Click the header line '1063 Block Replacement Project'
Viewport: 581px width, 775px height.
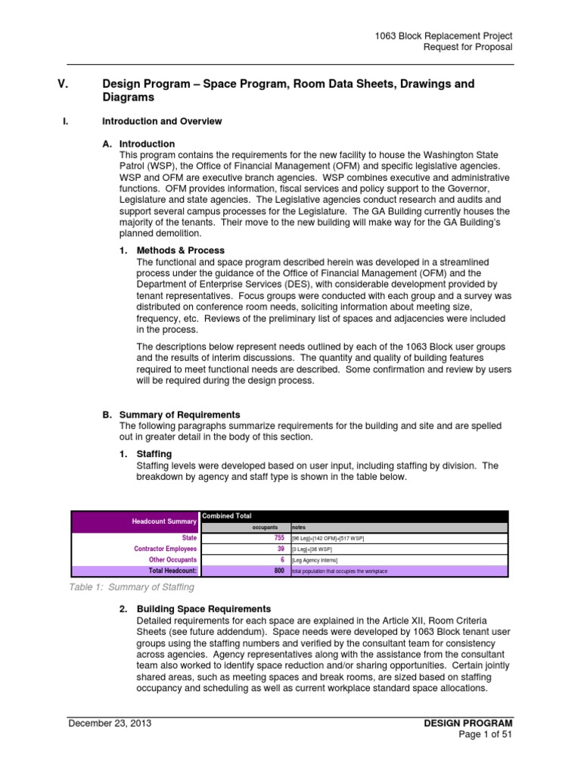(x=443, y=36)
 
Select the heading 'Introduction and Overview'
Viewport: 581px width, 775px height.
(x=162, y=120)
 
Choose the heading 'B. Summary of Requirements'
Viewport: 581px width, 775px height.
(x=171, y=415)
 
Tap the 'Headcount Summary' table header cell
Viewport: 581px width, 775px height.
(x=164, y=521)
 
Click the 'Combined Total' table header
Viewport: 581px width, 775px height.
(x=225, y=515)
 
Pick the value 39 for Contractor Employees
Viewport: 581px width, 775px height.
(x=280, y=549)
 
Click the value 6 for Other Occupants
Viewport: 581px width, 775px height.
(x=282, y=559)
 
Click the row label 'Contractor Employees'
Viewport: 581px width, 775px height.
(x=166, y=549)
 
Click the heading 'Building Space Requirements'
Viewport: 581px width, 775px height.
(x=203, y=608)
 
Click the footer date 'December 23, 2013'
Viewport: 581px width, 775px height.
(x=110, y=723)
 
